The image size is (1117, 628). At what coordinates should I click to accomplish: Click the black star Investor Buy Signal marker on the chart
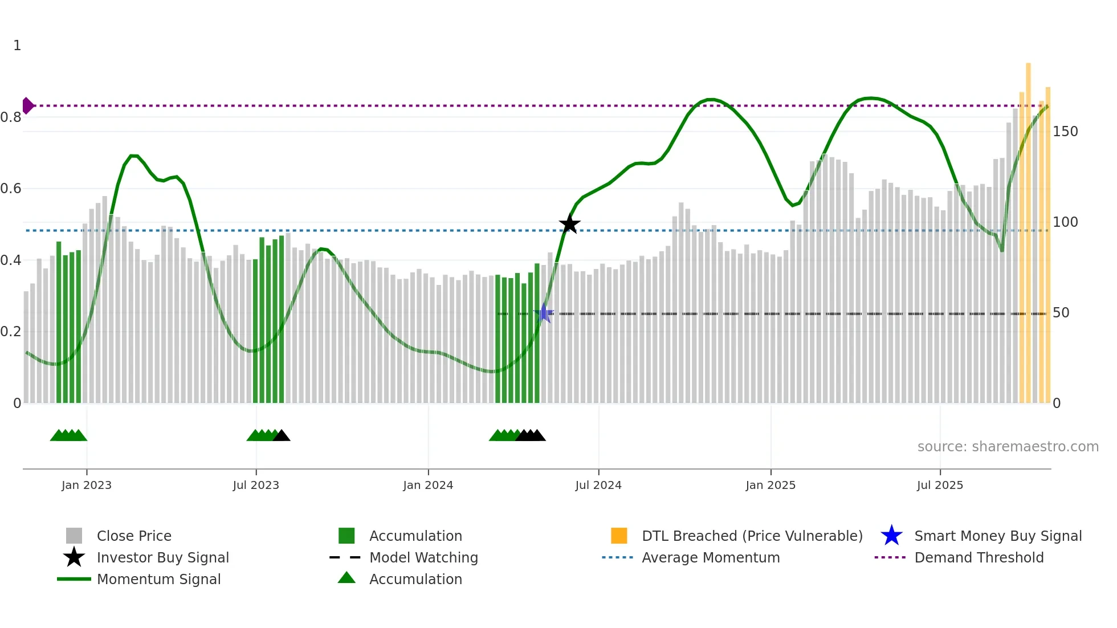(x=569, y=224)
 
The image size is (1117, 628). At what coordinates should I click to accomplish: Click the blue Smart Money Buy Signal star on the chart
(x=544, y=313)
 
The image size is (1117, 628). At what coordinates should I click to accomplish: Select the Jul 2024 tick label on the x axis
(x=598, y=485)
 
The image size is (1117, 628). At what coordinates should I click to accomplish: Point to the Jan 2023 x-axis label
(x=87, y=485)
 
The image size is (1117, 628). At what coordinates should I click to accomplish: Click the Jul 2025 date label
(x=940, y=485)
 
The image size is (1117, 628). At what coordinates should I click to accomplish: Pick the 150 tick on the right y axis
(x=1065, y=132)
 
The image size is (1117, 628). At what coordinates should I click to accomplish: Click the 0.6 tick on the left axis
(x=11, y=189)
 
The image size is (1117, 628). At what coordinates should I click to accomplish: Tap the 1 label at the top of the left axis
(x=17, y=46)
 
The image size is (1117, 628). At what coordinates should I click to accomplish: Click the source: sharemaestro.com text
(x=1008, y=447)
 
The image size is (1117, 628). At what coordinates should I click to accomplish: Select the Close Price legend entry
(x=134, y=536)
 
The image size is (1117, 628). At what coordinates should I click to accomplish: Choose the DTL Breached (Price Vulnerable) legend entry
(x=752, y=536)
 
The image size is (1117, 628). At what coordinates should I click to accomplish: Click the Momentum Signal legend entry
(x=158, y=579)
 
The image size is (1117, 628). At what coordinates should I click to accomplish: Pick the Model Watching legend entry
(x=423, y=557)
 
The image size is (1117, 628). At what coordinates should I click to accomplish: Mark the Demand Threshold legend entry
(x=979, y=557)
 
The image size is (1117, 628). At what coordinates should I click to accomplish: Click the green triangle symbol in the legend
(x=346, y=578)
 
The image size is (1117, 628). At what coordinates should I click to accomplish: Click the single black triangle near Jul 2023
(x=282, y=436)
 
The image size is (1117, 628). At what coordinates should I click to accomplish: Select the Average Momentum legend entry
(x=711, y=557)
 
